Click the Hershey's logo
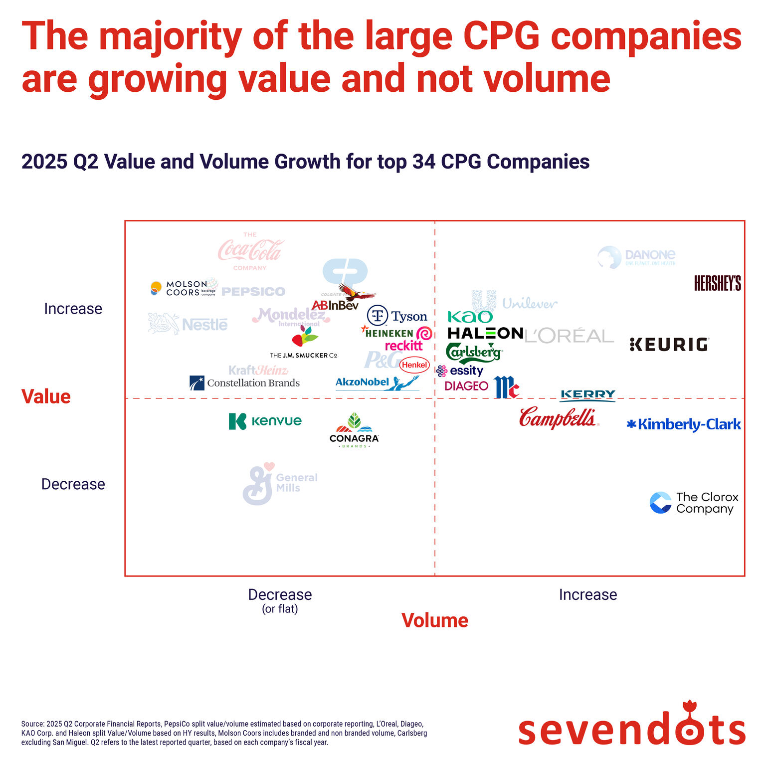717,283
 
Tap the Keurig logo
669,345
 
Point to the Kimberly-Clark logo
684,424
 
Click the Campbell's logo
558,418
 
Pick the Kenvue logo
265,421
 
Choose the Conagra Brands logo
354,430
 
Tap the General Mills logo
279,483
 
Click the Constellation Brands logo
244,383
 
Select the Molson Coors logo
184,288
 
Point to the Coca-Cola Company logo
250,251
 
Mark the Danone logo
636,257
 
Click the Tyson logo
397,316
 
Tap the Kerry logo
588,395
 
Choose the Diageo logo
466,386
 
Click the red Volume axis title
434,620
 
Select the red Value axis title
46,397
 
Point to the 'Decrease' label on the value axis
73,484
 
